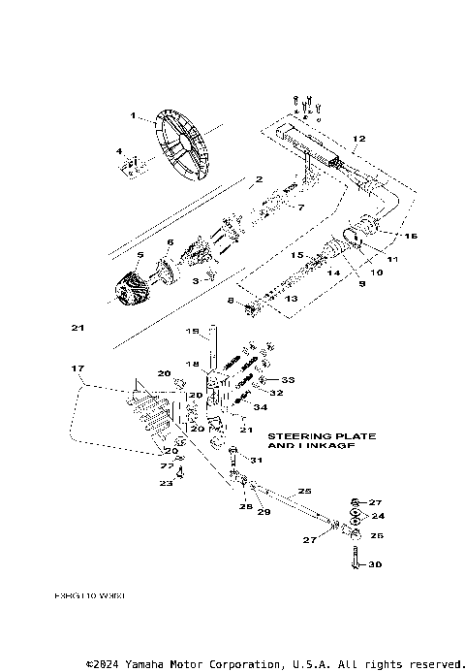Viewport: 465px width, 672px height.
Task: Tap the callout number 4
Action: point(119,151)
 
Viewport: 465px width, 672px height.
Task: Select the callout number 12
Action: point(360,140)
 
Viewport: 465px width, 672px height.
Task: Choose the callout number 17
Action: point(74,368)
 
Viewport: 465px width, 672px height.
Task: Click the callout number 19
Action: point(192,331)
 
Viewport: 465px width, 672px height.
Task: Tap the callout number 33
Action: point(289,378)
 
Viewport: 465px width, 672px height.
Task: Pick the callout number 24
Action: point(379,516)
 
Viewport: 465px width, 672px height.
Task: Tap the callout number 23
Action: point(165,482)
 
